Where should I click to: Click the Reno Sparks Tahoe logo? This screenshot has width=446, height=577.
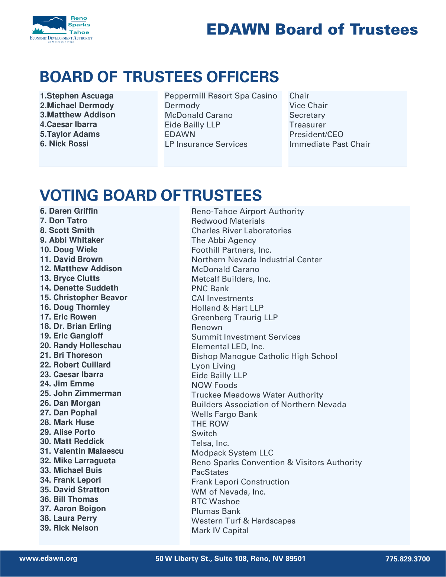[61, 29]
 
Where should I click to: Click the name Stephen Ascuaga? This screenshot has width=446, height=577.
[77, 96]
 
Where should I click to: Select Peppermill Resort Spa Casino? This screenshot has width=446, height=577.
[221, 96]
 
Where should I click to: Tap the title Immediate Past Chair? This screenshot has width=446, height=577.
[330, 144]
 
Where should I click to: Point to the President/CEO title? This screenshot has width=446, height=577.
[316, 134]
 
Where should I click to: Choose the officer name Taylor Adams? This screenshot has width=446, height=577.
[70, 134]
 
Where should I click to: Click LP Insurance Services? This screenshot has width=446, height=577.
[206, 144]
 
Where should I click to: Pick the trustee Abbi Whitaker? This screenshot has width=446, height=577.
[72, 240]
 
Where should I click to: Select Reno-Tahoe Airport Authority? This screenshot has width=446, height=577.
[248, 211]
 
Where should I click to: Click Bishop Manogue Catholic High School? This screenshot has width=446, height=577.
[264, 356]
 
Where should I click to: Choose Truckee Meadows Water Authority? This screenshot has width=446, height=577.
[257, 395]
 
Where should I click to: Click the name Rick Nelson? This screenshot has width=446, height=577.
[70, 528]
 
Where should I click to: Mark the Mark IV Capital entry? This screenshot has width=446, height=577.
[220, 531]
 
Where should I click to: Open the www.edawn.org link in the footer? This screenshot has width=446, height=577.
[48, 558]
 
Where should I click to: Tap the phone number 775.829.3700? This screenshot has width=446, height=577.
[407, 559]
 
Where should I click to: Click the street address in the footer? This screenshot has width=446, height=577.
[230, 558]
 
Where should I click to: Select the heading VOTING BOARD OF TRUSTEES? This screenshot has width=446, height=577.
[151, 195]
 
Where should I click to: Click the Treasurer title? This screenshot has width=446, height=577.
[307, 125]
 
